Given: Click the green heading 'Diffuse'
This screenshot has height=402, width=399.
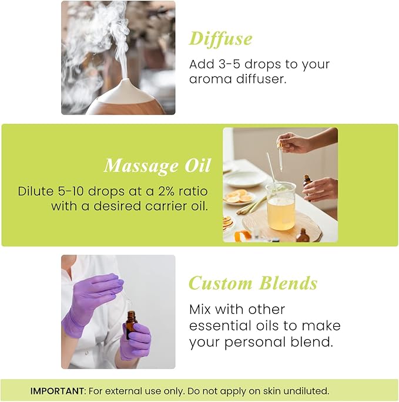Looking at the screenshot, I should (220, 39).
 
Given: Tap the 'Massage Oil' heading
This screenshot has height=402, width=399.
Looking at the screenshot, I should (157, 166).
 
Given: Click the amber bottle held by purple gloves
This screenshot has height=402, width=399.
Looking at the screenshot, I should (131, 325).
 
